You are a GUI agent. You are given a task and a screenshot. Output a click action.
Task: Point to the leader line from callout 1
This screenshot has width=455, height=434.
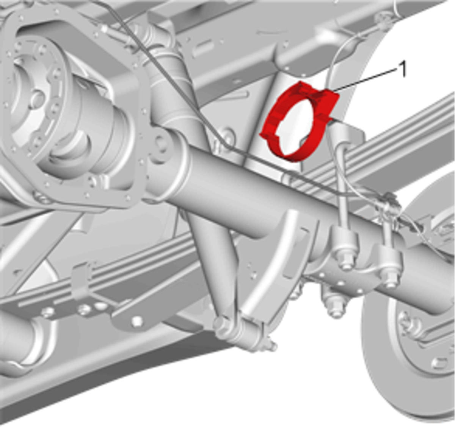click(x=365, y=80)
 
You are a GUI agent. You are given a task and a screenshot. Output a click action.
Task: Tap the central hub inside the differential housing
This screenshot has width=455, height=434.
click(x=38, y=99)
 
